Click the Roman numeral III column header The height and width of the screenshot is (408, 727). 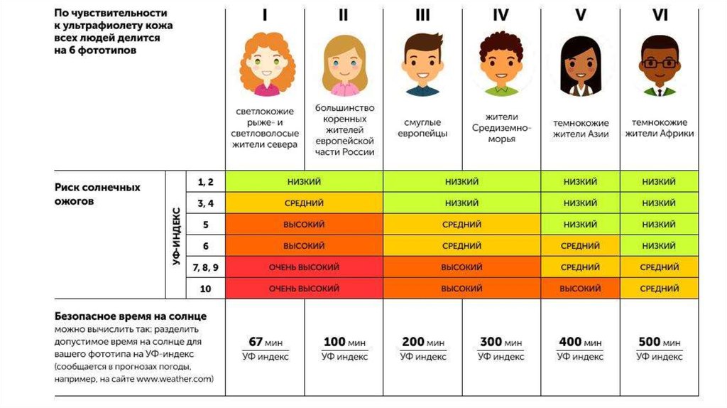click(422, 15)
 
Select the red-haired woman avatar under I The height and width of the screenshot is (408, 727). click(266, 65)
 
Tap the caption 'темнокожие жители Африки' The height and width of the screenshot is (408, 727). click(659, 128)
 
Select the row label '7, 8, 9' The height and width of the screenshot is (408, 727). click(205, 267)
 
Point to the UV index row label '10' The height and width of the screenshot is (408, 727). click(205, 289)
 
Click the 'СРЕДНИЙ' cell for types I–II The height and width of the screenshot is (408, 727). click(304, 203)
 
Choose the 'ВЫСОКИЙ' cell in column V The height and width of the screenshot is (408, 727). click(579, 289)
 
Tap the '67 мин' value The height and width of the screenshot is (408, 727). click(266, 342)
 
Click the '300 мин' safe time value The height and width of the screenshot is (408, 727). click(501, 342)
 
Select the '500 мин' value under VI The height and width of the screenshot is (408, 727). click(659, 342)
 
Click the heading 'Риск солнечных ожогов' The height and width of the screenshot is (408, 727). click(97, 194)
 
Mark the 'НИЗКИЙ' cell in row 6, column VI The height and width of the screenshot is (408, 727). click(659, 246)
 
